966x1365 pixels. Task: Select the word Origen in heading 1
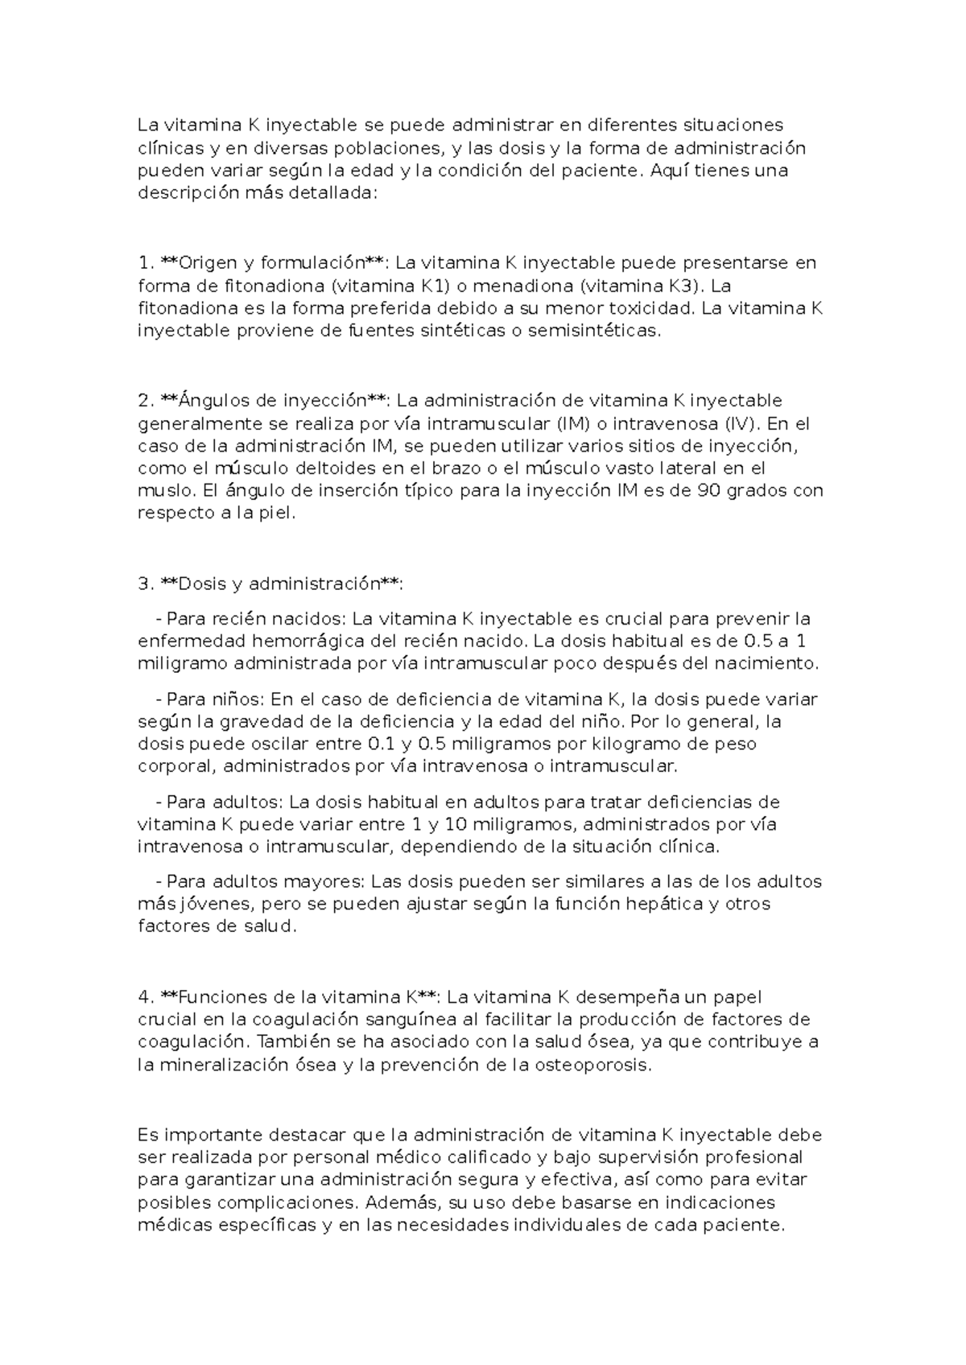click(x=207, y=262)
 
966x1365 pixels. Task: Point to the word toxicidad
click(x=654, y=308)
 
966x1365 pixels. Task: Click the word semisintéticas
click(x=593, y=331)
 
